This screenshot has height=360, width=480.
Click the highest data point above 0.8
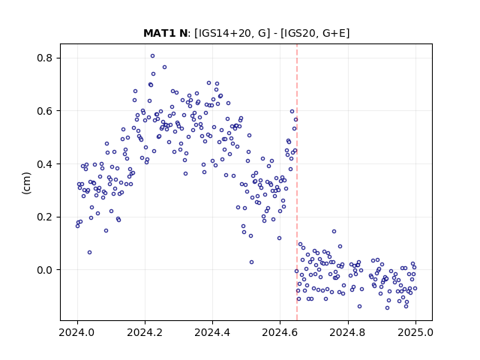(152, 56)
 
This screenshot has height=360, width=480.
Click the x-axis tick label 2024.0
(77, 332)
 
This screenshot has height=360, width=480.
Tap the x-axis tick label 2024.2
(145, 332)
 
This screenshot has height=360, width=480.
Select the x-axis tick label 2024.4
(212, 332)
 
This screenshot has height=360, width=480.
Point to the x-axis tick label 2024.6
(280, 332)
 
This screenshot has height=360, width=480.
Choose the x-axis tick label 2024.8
(348, 332)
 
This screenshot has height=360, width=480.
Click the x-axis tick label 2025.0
(415, 332)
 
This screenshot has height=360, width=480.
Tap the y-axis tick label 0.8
(44, 58)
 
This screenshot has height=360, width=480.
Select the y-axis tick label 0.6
(44, 111)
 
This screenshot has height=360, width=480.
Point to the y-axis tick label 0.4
(44, 164)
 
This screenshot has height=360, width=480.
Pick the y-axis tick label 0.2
(44, 217)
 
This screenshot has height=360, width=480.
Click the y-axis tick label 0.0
(44, 270)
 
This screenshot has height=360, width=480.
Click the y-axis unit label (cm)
(27, 183)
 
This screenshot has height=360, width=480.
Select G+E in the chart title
(334, 33)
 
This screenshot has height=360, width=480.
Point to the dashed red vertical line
(297, 182)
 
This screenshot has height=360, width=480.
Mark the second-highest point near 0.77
(164, 67)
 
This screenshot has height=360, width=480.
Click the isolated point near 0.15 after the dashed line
(334, 232)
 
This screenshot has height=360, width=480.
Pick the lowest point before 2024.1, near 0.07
(89, 253)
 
